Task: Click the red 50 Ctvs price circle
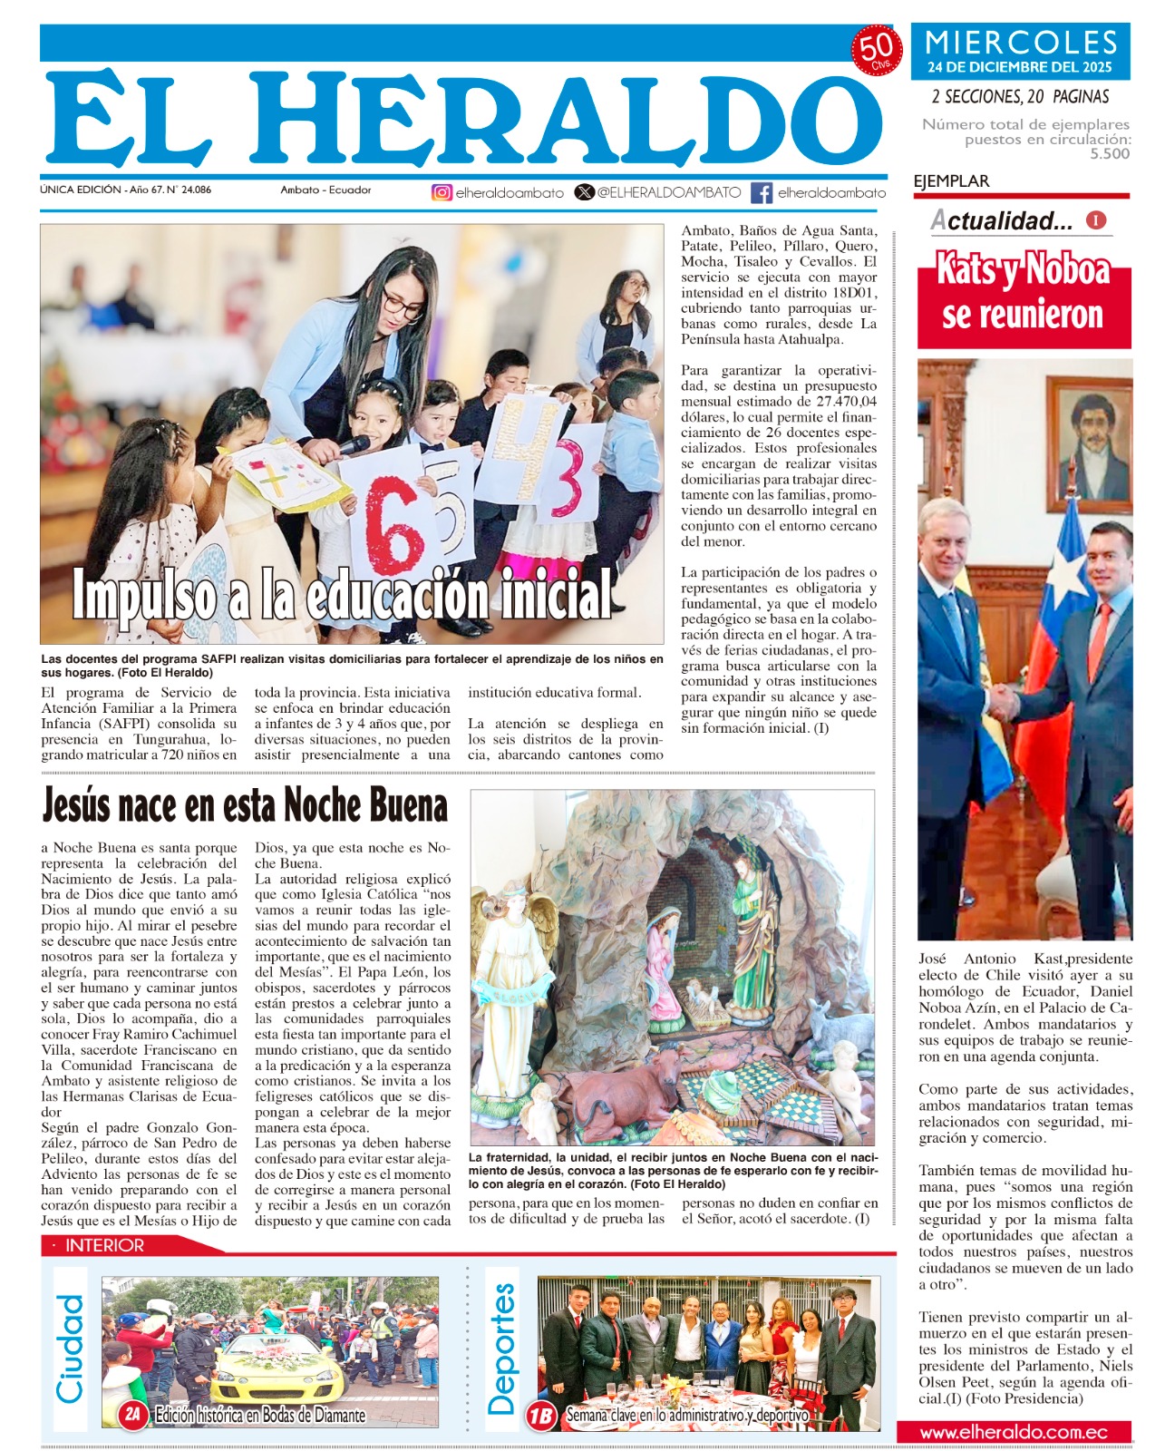point(876,51)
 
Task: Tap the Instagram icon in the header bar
point(442,192)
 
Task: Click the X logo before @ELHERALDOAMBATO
point(585,192)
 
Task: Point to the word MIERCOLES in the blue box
point(1021,43)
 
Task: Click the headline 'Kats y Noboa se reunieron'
point(1024,293)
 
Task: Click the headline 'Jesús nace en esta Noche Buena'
point(245,805)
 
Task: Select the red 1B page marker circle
point(541,1415)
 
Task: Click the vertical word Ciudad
point(70,1349)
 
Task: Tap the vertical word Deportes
point(501,1349)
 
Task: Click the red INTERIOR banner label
point(104,1245)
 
